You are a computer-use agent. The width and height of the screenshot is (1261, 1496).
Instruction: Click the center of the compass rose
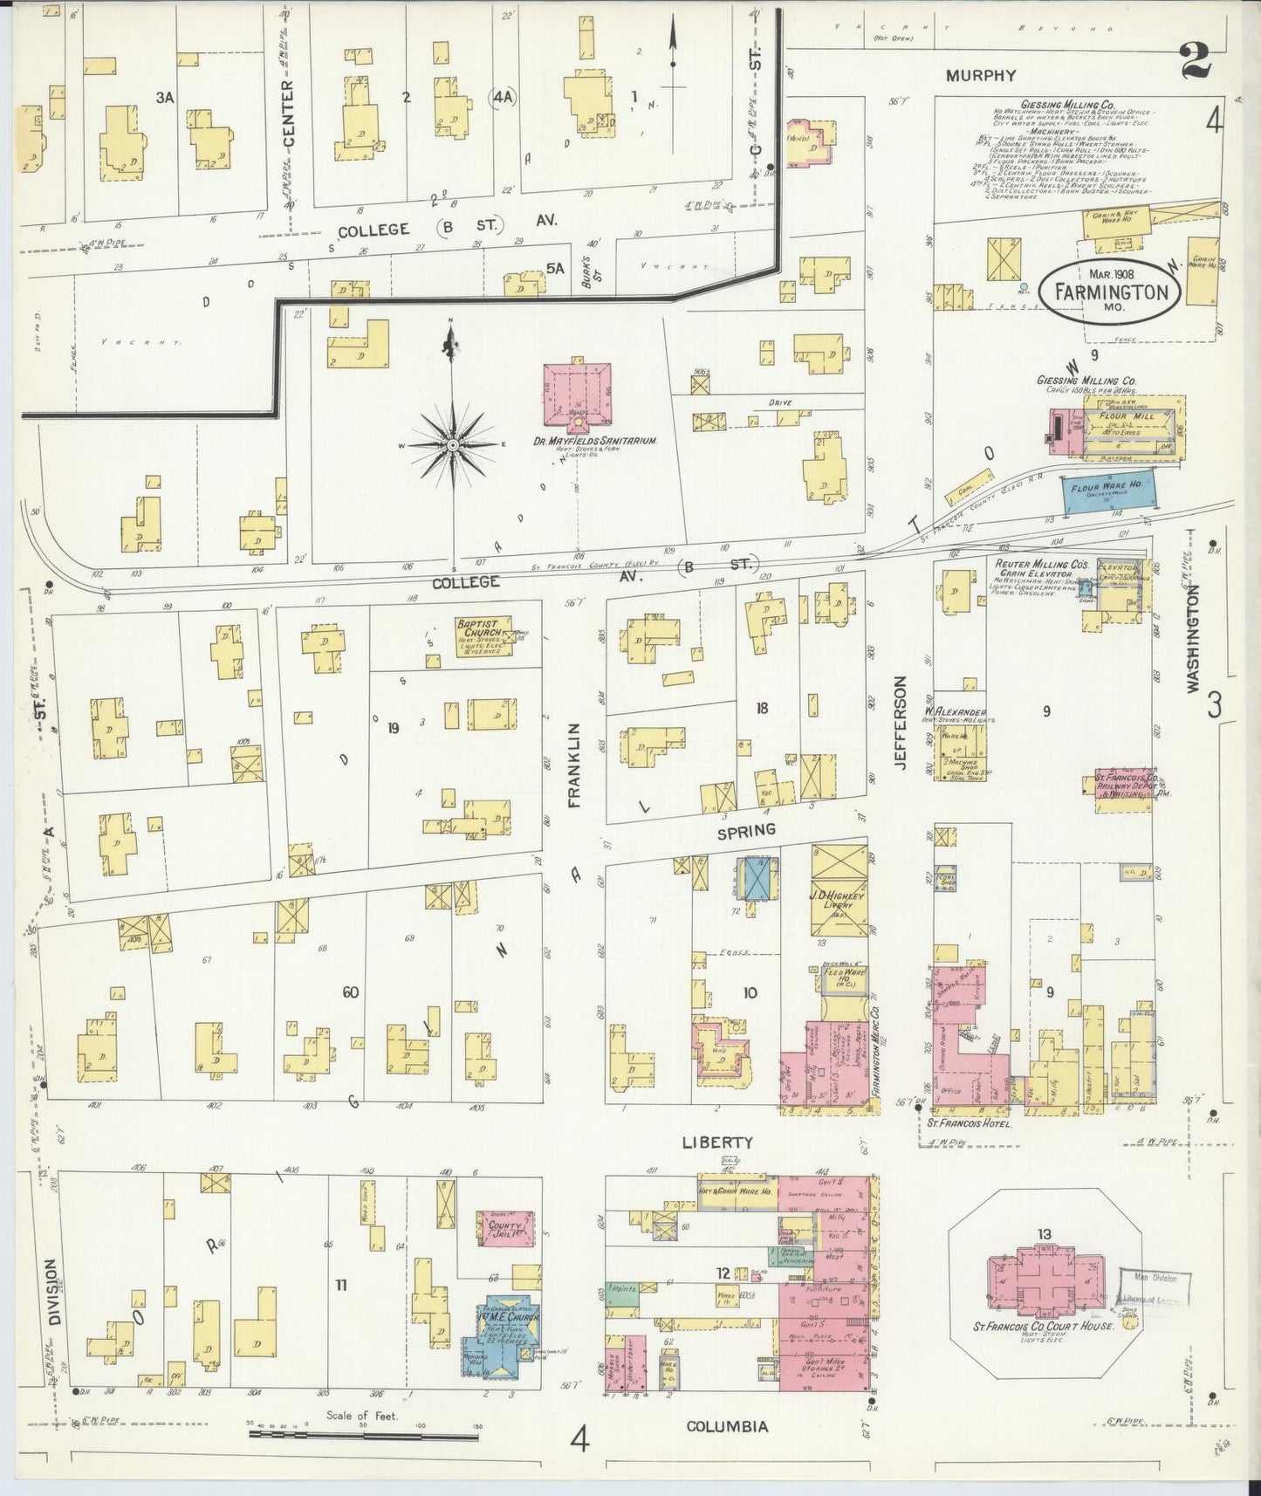tap(453, 446)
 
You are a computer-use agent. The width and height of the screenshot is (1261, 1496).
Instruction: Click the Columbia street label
tap(727, 1426)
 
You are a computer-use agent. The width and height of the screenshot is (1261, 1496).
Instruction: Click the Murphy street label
tap(982, 76)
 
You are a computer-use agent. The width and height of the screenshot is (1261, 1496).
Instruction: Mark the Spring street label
tap(746, 830)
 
